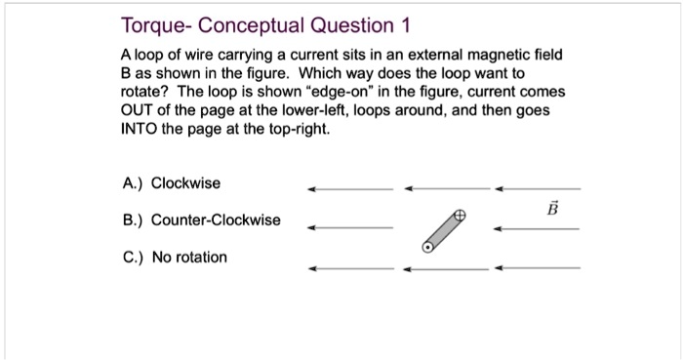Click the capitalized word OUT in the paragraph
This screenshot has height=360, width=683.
[140, 118]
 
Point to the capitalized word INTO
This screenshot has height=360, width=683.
[141, 138]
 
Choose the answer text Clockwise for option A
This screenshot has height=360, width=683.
[186, 183]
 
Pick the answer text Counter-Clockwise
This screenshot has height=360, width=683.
[216, 220]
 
